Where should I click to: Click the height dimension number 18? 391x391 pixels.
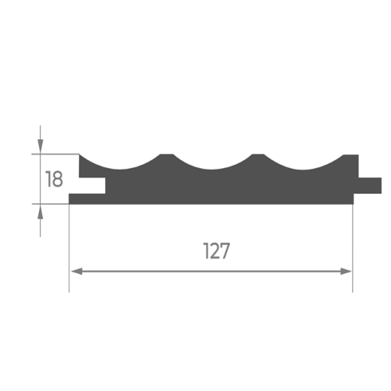(54, 179)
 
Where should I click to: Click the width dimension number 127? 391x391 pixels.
(217, 251)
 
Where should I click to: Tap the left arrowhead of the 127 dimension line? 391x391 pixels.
(77, 271)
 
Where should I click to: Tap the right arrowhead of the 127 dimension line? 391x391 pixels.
(346, 271)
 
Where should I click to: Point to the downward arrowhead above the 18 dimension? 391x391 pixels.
(40, 146)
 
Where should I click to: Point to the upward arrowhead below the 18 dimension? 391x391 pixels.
(40, 212)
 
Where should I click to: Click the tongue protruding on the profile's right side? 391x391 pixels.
(370, 185)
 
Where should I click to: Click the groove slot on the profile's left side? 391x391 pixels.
(92, 185)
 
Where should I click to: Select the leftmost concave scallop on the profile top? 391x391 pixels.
(120, 165)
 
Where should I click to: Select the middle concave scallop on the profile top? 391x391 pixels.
(212, 165)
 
